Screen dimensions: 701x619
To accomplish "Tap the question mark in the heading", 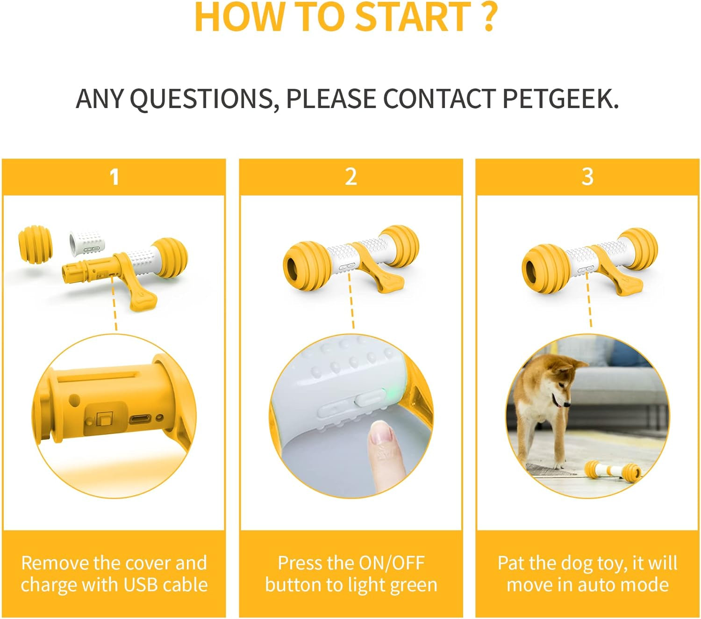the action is [488, 17].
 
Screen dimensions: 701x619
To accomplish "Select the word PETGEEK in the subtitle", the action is [560, 99].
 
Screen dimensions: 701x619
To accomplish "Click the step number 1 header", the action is [114, 177].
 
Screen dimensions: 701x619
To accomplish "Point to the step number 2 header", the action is [351, 177].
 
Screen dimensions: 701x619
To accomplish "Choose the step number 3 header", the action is [587, 177].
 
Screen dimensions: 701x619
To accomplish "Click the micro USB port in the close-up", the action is [140, 420].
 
